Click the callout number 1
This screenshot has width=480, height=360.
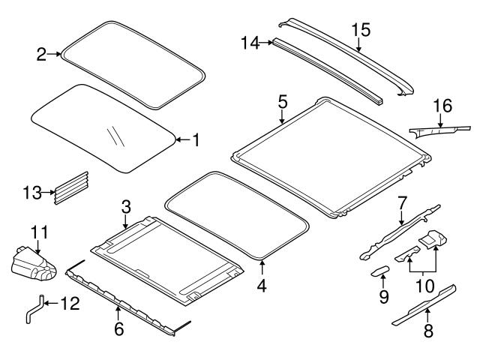(x=196, y=139)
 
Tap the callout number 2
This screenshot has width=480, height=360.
(x=41, y=53)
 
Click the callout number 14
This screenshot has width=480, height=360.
(x=250, y=43)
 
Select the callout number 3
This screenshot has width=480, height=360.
(x=126, y=205)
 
